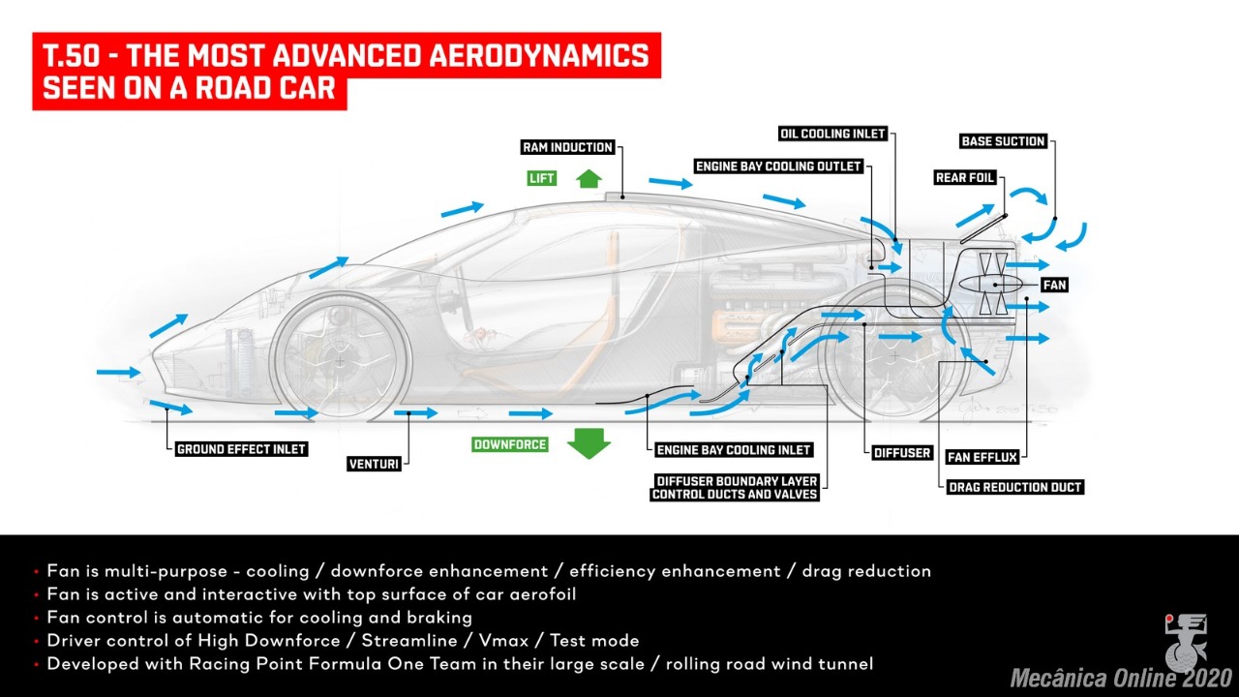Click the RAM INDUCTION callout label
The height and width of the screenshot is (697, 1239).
tap(567, 147)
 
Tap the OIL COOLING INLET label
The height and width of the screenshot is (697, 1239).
tap(832, 134)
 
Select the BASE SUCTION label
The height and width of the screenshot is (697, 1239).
tap(1003, 141)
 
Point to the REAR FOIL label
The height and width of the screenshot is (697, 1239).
tap(965, 177)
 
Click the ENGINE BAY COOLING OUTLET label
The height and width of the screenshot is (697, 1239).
tap(778, 166)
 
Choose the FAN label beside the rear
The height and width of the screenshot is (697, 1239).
tap(1054, 285)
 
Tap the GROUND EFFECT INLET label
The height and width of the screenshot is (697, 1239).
tap(241, 449)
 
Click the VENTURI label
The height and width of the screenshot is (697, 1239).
tap(374, 464)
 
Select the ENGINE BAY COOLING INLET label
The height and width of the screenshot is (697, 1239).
tap(734, 450)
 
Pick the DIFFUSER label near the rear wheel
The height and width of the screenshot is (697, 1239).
tap(901, 452)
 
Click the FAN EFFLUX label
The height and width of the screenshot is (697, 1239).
tap(982, 457)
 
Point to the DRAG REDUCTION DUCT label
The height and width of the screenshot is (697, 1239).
tap(1015, 487)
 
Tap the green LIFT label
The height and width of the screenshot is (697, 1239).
tap(541, 178)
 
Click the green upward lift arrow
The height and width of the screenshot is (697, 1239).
tap(589, 179)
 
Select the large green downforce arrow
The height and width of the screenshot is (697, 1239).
tap(589, 443)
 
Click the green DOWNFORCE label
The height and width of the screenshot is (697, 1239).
tap(510, 444)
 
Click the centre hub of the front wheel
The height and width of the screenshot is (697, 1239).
tap(340, 362)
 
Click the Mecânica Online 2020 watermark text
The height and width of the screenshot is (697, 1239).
tap(1121, 678)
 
